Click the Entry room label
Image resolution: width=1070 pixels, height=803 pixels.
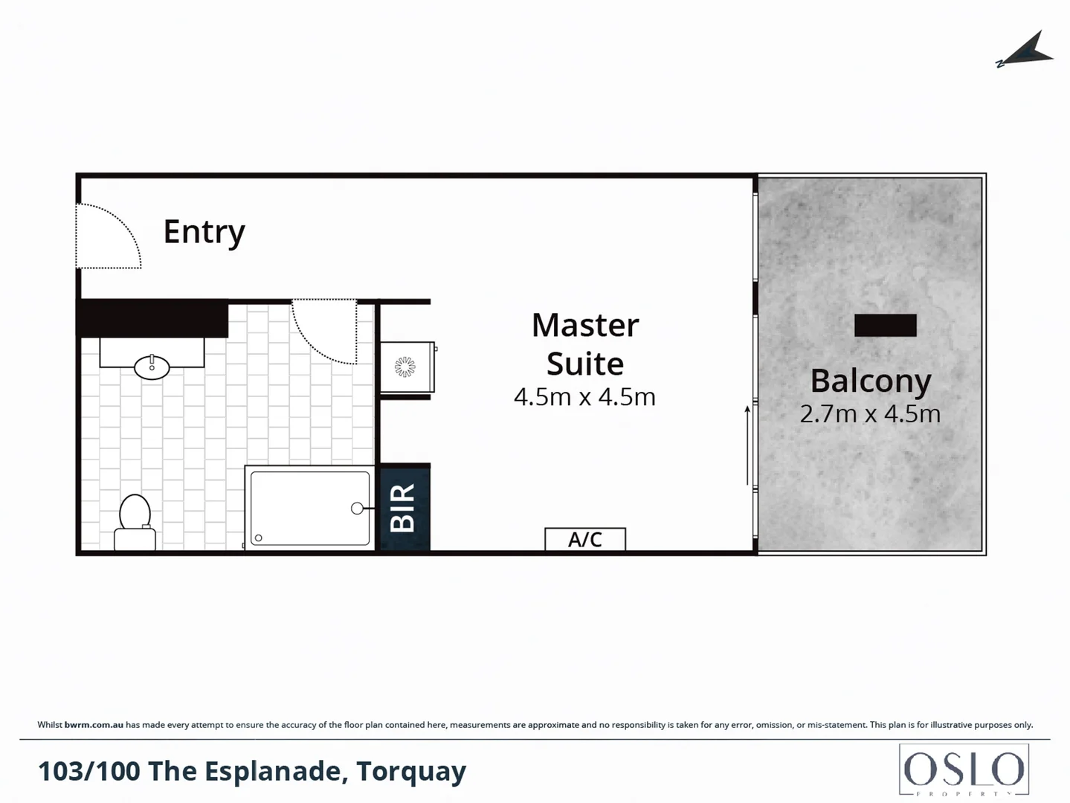coord(204,232)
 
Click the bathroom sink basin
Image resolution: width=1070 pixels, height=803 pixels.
coord(152,367)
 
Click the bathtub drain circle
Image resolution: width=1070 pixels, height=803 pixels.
coord(357,509)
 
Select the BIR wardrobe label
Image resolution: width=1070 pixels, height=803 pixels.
coord(403,508)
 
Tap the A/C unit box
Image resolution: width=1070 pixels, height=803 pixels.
coord(585,539)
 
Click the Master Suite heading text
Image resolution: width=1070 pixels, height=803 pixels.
coord(585,344)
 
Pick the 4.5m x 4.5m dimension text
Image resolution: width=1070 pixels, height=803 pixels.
coord(584,397)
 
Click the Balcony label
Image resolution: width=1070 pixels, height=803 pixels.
coord(871,381)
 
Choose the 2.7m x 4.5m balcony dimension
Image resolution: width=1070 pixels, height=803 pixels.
coord(870,414)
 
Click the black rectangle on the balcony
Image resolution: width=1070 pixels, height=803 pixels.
coord(885,325)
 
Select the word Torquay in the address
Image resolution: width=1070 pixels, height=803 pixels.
coord(411,772)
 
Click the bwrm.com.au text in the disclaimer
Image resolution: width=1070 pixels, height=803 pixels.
coord(94,725)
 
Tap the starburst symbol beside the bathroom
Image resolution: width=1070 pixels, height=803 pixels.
coord(405,367)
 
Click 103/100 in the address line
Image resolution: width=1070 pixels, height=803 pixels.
coord(88,772)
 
